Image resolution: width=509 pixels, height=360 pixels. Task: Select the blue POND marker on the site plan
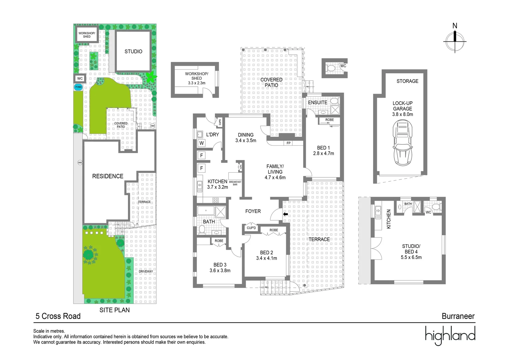pyautogui.click(x=78, y=87)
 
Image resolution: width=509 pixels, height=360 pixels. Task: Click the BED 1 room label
pyautogui.click(x=323, y=148)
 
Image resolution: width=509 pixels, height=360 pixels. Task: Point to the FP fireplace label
pyautogui.click(x=288, y=143)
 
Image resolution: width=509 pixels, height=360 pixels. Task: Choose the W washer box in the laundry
pyautogui.click(x=202, y=143)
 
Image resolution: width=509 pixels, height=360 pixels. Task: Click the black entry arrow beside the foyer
pyautogui.click(x=285, y=214)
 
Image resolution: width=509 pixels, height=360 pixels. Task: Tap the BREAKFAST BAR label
pyautogui.click(x=235, y=183)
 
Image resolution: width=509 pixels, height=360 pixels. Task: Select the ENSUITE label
pyautogui.click(x=317, y=102)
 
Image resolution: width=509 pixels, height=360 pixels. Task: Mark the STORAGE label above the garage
pyautogui.click(x=407, y=81)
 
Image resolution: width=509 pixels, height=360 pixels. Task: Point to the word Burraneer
pyautogui.click(x=458, y=316)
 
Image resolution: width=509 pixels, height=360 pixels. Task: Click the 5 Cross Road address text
pyautogui.click(x=58, y=316)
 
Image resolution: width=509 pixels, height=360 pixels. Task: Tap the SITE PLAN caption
pyautogui.click(x=115, y=310)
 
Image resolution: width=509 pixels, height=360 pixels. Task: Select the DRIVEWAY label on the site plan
pyautogui.click(x=146, y=271)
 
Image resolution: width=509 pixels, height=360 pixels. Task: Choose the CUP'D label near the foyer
pyautogui.click(x=252, y=228)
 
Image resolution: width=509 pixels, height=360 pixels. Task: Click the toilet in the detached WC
pyautogui.click(x=331, y=68)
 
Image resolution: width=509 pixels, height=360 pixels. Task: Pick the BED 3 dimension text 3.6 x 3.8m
pyautogui.click(x=220, y=270)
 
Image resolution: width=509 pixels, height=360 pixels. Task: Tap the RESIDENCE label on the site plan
pyautogui.click(x=108, y=176)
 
